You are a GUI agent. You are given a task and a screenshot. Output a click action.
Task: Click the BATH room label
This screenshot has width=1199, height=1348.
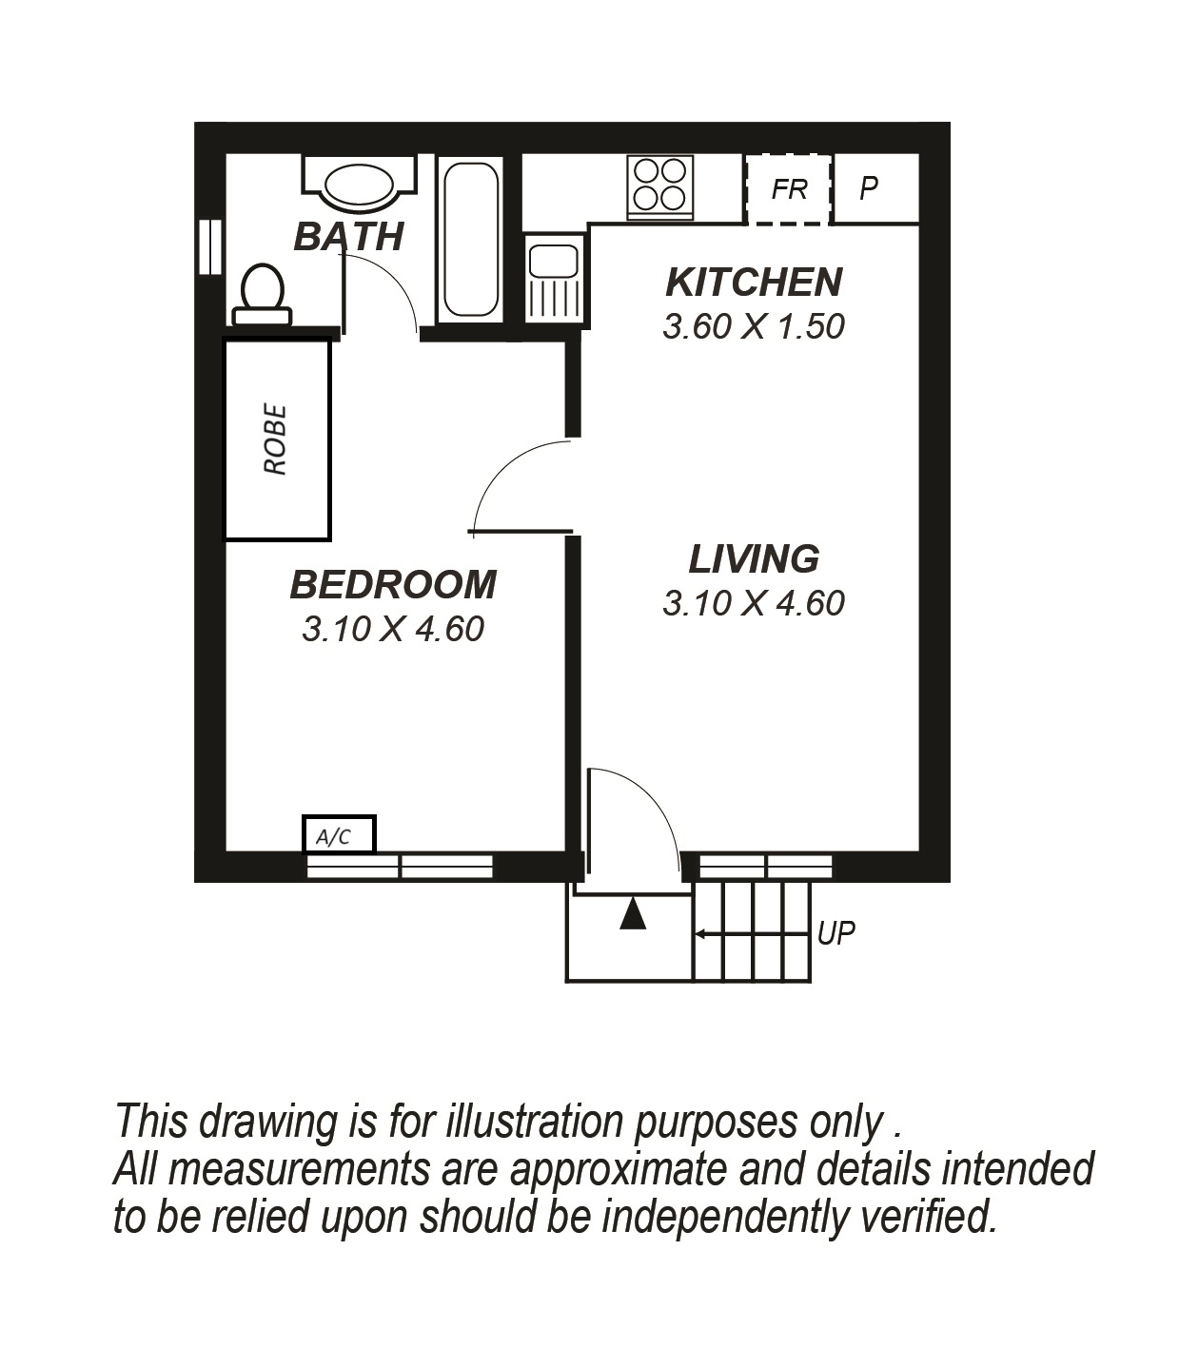349,236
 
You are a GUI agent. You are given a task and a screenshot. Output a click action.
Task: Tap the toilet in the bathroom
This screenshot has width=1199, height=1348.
262,294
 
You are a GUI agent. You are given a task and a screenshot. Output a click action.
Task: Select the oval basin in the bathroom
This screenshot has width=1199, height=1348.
360,182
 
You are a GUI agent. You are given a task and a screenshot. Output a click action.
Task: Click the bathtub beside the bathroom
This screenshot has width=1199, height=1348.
471,240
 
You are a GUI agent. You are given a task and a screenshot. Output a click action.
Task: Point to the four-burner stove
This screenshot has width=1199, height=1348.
659,187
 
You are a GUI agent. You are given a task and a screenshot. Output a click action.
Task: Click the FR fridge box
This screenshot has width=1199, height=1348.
789,189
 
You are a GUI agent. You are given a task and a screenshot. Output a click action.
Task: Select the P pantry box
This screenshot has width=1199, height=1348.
876,189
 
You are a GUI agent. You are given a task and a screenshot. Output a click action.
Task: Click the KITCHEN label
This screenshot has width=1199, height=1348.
755,283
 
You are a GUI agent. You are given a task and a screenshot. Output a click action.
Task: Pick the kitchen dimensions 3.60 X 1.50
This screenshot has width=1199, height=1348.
754,326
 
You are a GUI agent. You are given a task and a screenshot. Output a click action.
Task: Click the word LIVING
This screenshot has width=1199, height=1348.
754,559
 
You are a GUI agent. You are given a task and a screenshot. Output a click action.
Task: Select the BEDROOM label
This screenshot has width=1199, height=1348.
393,585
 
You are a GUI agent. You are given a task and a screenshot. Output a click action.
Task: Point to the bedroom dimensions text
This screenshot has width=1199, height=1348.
393,630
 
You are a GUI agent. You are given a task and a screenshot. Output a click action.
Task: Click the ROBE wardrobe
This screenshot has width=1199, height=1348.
277,440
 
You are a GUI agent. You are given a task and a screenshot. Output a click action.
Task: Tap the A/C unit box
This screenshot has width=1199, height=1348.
339,834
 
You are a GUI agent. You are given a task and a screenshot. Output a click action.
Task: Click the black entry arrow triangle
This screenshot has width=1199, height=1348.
633,913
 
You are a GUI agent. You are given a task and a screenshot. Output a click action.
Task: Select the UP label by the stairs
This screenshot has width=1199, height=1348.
835,933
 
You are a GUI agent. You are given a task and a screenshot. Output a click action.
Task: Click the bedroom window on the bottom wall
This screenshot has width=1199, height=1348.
400,867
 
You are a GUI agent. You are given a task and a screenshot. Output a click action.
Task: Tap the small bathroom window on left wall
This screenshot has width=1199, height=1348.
210,246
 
